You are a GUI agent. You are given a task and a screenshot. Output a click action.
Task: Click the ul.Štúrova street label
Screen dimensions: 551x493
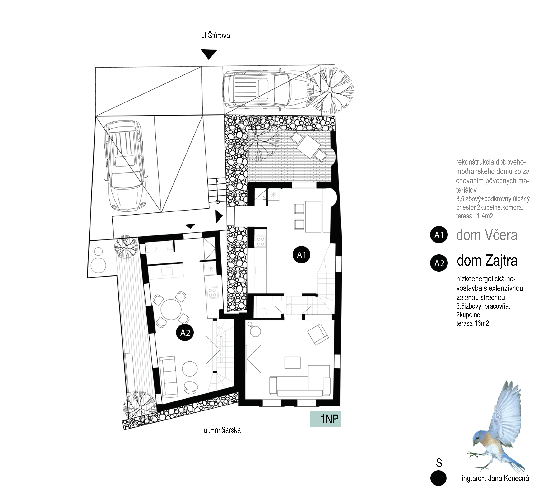point(215,36)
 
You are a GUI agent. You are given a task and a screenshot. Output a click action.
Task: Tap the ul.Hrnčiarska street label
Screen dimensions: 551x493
point(222,430)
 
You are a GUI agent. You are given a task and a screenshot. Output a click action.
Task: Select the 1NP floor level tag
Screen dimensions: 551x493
point(325,419)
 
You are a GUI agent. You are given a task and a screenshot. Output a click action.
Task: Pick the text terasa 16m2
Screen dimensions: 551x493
point(473,323)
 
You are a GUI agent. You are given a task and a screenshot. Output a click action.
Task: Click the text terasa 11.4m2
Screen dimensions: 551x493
point(474,216)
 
